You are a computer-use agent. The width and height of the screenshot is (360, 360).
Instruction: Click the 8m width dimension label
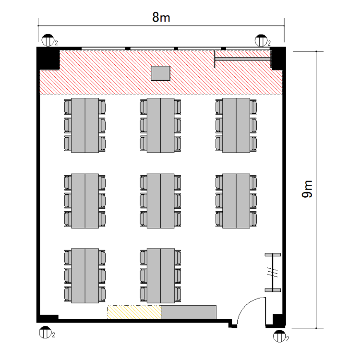[161, 17]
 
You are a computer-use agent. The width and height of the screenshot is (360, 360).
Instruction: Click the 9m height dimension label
[307, 189]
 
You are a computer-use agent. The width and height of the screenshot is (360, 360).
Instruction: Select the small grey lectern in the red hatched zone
[160, 73]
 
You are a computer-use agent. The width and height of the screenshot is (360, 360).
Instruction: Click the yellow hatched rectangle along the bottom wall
[134, 312]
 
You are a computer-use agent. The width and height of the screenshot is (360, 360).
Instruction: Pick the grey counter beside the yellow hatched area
[189, 312]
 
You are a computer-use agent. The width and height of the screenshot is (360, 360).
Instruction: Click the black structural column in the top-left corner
[48, 58]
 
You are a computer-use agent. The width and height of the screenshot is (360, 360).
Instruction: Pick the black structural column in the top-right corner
[278, 58]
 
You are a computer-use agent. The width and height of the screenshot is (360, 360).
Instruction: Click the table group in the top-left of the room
[84, 125]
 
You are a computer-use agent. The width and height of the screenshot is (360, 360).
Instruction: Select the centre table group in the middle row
[160, 201]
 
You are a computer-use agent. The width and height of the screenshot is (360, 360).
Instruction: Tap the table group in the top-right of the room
[236, 125]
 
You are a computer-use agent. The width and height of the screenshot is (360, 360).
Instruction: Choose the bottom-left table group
[84, 276]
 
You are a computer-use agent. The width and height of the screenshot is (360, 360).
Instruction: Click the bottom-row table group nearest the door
[160, 276]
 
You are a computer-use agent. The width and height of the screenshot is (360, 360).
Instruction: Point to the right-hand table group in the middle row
[236, 201]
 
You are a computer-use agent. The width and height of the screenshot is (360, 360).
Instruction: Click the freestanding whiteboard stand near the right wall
[273, 273]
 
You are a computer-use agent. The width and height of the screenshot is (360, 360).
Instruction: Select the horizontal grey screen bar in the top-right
[243, 59]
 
